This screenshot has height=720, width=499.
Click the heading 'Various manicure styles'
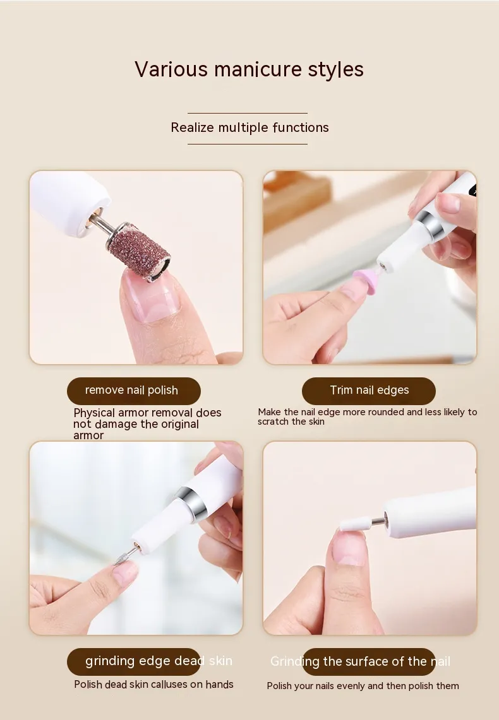pos(249,69)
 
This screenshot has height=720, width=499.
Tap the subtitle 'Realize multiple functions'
pos(249,127)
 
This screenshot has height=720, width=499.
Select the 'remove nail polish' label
pos(131,391)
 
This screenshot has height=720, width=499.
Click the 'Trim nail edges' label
pos(369,390)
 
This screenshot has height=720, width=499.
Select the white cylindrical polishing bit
pos(355,524)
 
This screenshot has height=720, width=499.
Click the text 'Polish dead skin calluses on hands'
pos(154,684)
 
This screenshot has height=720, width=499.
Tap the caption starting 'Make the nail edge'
pos(367,416)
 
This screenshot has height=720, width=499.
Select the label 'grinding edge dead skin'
pos(159,661)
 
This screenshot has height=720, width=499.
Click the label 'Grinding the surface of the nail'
pos(360,661)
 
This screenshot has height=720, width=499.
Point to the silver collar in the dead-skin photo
pos(189,504)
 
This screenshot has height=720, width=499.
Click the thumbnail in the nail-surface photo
pos(350,547)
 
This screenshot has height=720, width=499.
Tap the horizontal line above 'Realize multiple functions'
pos(247,113)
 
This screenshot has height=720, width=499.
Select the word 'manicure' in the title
pos(258,69)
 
